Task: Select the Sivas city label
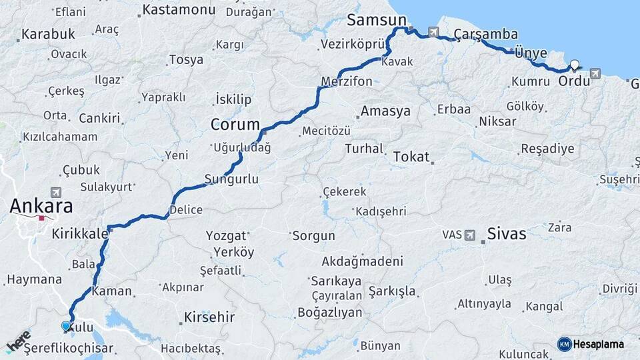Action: pos(507,233)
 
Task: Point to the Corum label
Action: pos(235,125)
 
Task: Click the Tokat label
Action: pos(411,157)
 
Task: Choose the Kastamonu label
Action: pos(177,10)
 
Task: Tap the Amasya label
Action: pos(385,111)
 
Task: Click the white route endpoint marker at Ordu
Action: pos(574,65)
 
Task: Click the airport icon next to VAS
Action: pos(471,235)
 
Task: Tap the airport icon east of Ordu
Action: pos(595,73)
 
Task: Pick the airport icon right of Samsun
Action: pos(434,31)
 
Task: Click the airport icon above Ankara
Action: pos(55,192)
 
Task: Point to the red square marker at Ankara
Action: pos(42,217)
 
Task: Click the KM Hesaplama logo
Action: pos(591,344)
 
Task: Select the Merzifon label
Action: pos(347,81)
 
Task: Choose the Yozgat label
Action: pos(226,236)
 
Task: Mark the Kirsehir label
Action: pos(209,317)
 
